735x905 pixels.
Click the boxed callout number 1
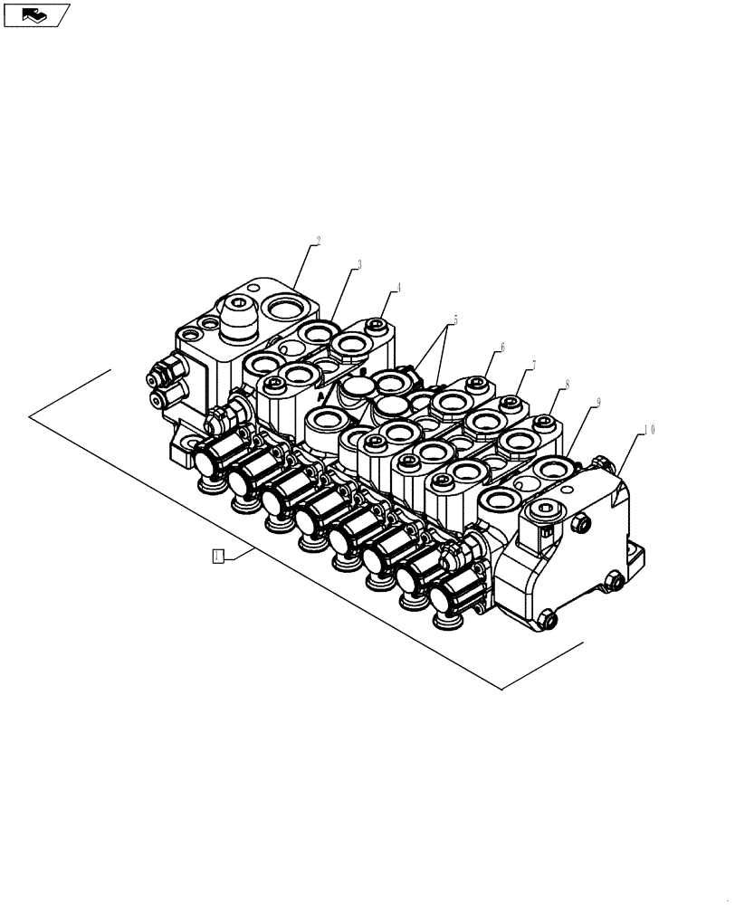pos(217,556)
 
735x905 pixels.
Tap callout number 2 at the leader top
pos(317,242)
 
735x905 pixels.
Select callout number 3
pos(358,265)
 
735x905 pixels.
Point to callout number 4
pos(396,288)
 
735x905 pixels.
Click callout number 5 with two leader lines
pos(455,320)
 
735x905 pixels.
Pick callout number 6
pos(501,347)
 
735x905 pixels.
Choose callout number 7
pos(533,365)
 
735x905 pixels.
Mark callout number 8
pos(566,384)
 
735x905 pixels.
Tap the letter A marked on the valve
pos(320,395)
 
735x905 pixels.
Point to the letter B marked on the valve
pos(363,370)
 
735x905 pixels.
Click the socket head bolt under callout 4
pos(378,325)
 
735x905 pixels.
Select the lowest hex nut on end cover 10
pos(548,620)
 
